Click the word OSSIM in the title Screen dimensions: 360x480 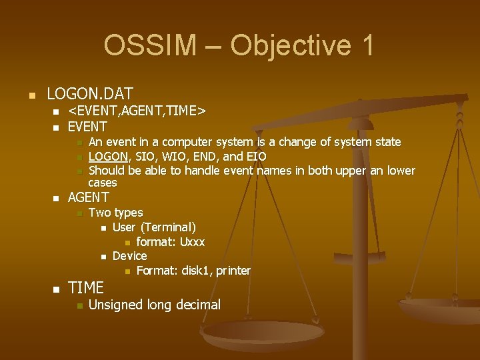tap(150, 45)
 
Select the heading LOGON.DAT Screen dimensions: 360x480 tap(90, 94)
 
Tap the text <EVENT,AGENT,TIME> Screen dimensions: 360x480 tap(137, 110)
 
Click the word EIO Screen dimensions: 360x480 tap(255, 157)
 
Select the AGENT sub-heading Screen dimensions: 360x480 tap(89, 197)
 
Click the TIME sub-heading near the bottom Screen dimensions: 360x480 tap(86, 288)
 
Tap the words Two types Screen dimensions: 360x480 tap(115, 213)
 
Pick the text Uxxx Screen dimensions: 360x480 tap(192, 242)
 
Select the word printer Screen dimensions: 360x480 tap(233, 271)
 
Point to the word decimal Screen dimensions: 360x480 tap(198, 305)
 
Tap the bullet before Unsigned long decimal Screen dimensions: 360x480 tap(79, 306)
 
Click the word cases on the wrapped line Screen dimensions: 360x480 tap(103, 183)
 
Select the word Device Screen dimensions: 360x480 tap(129, 256)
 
